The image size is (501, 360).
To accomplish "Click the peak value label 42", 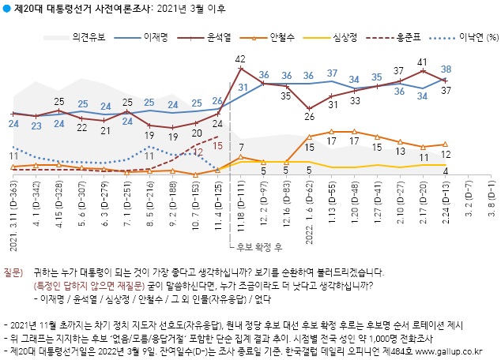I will [x=242, y=58].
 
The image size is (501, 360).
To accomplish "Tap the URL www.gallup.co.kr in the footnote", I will [x=457, y=349].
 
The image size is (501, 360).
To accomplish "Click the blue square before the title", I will [x=7, y=9].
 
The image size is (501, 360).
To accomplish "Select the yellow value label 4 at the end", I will [x=446, y=171].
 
